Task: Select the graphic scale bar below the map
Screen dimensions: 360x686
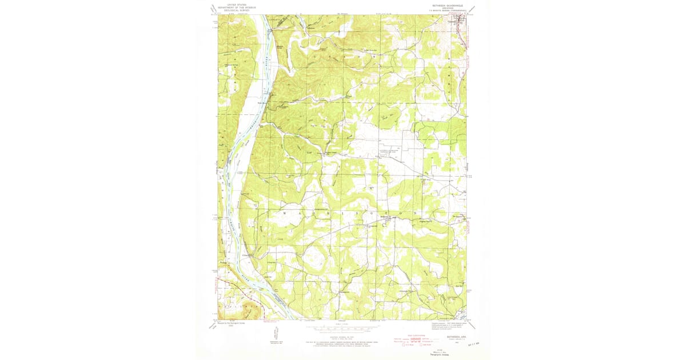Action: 343,330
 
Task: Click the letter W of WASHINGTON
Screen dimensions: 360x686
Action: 284,213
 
